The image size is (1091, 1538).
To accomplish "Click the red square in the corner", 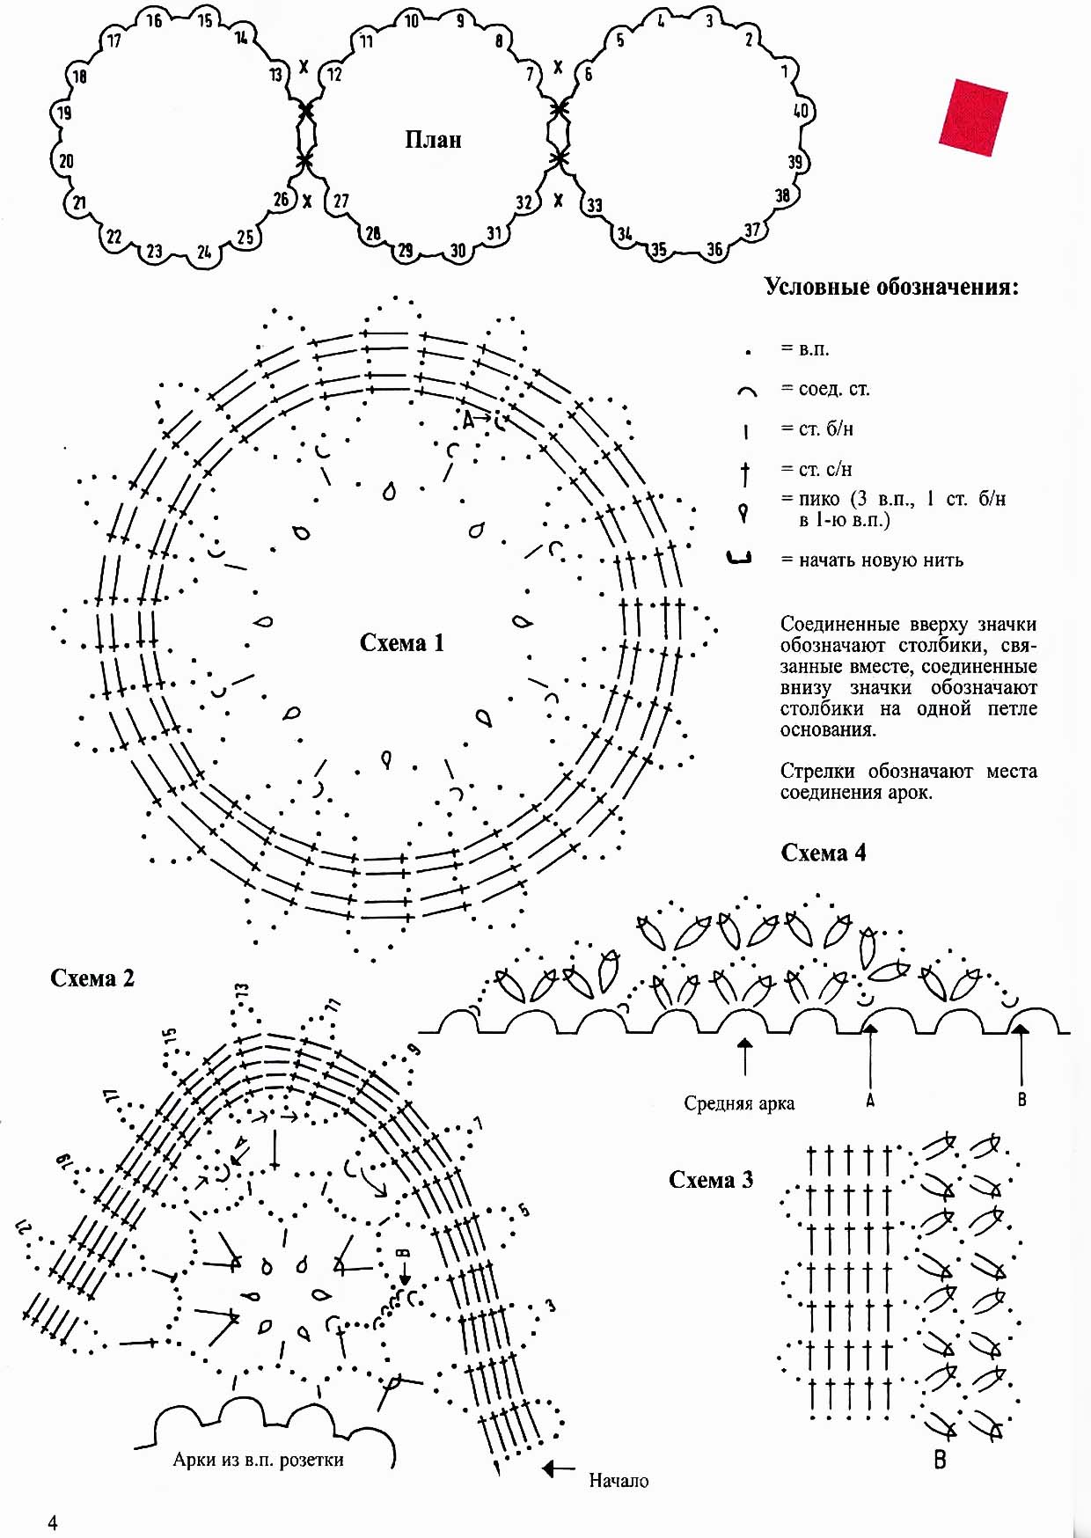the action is tap(973, 117).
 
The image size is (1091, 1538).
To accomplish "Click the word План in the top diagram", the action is tap(433, 140).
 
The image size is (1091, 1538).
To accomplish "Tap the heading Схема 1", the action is tap(402, 643).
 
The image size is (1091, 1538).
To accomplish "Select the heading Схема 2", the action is tap(92, 978).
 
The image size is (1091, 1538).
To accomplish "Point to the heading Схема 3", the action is tap(711, 1180).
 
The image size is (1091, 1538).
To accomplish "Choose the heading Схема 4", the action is tap(824, 853).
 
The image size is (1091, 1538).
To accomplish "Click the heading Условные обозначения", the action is tap(891, 288).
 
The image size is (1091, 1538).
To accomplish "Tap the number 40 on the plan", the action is tap(801, 111).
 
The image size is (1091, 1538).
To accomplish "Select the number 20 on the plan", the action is tap(67, 161).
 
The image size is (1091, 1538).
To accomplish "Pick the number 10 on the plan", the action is tap(412, 21).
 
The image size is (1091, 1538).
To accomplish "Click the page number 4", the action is tap(53, 1523).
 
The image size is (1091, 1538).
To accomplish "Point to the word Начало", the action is tap(619, 1481).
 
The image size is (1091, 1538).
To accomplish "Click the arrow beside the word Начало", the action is tap(558, 1468).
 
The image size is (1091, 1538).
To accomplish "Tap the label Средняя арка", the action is tap(739, 1103).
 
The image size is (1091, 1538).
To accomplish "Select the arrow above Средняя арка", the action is tap(745, 1057).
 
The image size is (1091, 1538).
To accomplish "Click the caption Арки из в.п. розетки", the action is tap(258, 1460).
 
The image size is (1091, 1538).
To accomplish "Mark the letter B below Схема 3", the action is tap(940, 1460).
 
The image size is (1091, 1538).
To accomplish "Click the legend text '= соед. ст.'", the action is tap(825, 389).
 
